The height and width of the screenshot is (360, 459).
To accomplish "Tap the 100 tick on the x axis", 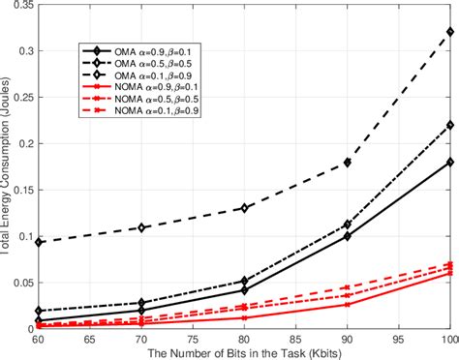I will (x=447, y=339).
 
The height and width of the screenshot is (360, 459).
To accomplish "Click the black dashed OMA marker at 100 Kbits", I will (x=448, y=32).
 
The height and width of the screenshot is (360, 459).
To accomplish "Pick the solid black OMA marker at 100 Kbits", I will (x=448, y=162).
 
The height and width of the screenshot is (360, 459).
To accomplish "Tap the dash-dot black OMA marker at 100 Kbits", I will (x=448, y=125).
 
